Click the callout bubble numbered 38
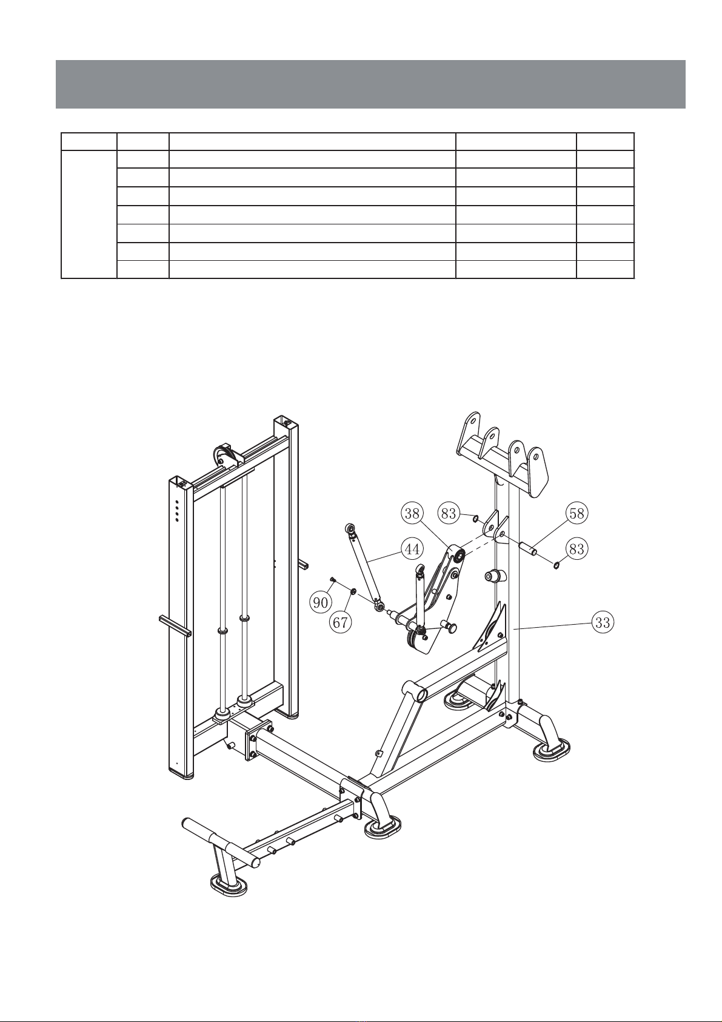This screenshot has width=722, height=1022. coord(412,514)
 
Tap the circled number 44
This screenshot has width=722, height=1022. coord(412,549)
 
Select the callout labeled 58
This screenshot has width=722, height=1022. coord(577,513)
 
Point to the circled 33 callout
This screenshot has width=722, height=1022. coord(603,622)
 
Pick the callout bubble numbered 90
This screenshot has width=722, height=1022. coord(321,603)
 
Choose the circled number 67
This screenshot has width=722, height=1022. coord(341,622)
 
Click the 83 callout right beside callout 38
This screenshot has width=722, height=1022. coord(449,514)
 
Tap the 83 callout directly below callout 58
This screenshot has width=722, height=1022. coord(577,548)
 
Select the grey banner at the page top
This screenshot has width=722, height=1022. coord(370,84)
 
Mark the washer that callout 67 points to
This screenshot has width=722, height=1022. coord(353,592)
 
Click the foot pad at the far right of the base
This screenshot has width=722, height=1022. coord(552,750)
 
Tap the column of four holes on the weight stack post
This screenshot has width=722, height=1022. coord(177,511)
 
